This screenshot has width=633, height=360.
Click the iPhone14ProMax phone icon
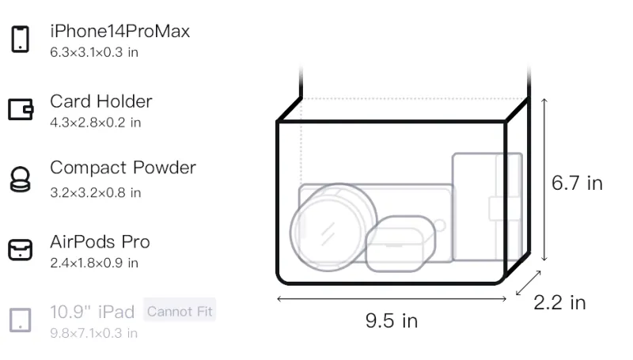click(21, 39)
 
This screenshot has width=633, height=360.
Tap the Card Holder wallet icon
click(21, 109)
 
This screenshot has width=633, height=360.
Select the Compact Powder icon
click(20, 179)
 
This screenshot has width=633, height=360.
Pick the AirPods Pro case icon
click(21, 249)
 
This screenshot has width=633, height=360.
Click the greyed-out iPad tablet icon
click(21, 320)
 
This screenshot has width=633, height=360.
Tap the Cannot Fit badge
click(180, 311)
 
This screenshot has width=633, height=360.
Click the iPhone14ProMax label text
click(120, 31)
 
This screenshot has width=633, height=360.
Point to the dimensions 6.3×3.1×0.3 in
click(94, 52)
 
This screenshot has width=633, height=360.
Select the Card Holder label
click(101, 101)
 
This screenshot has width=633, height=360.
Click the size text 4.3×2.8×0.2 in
click(95, 123)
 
